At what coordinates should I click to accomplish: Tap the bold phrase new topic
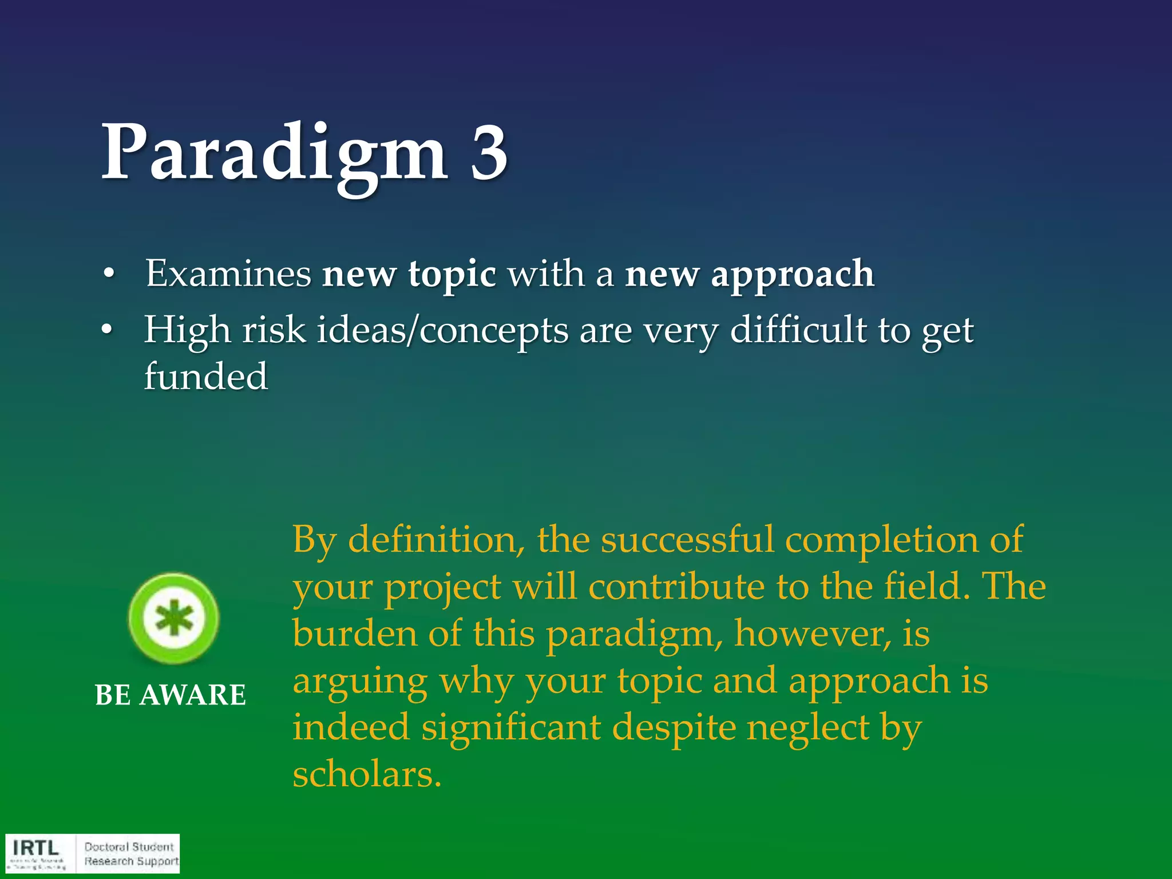tap(409, 274)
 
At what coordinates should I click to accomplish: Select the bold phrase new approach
tap(749, 274)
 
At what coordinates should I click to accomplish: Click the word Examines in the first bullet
tap(228, 274)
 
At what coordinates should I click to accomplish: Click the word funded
tap(205, 377)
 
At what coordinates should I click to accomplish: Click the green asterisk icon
tap(173, 619)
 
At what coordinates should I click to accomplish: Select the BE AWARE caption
tap(171, 695)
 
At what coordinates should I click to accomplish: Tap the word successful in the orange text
tap(687, 540)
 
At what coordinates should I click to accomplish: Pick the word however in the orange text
tap(813, 634)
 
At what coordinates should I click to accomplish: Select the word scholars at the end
tap(367, 775)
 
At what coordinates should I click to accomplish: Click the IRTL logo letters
tap(36, 848)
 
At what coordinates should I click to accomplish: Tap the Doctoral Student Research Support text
tap(131, 854)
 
